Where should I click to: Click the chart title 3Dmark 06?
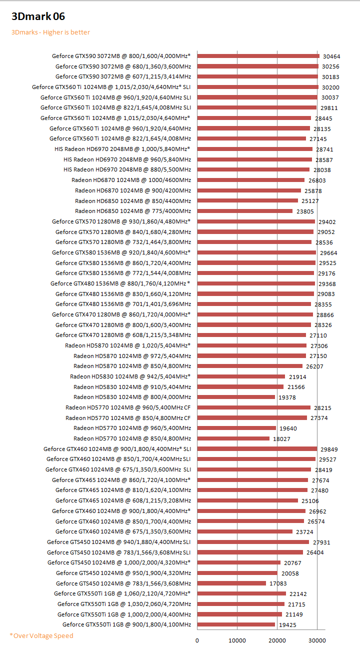[x=38, y=17]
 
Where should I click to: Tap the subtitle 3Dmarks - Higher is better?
[x=50, y=32]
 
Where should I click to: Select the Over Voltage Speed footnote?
[x=41, y=635]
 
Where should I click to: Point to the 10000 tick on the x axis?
[x=237, y=640]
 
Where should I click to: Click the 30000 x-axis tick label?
[x=317, y=640]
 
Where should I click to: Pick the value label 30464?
[x=331, y=56]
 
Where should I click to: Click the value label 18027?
[x=281, y=439]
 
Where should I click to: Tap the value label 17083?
[x=278, y=583]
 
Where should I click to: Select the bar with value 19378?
[x=236, y=397]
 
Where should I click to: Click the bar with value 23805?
[x=244, y=211]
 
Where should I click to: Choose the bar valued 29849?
[x=257, y=448]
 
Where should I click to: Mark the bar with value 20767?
[x=238, y=562]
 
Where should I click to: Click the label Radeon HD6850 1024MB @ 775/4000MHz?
[x=133, y=211]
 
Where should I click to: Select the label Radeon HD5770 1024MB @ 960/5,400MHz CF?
[x=128, y=407]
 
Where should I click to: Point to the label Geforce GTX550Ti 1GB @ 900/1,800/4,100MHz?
[x=126, y=624]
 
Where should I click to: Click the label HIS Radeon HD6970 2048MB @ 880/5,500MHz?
[x=127, y=169]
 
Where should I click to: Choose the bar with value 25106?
[x=247, y=500]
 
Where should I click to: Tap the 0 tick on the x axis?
[x=197, y=640]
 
